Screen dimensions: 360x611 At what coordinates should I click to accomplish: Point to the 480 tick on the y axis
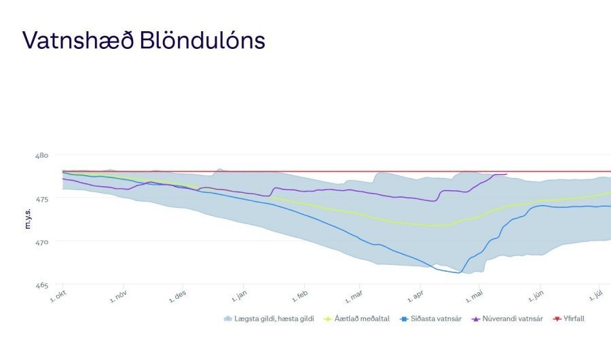[41, 156]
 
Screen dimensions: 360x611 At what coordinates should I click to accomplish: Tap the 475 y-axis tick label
[41, 198]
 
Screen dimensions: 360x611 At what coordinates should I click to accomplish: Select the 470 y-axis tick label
[41, 242]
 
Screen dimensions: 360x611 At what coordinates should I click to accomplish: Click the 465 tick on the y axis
[41, 285]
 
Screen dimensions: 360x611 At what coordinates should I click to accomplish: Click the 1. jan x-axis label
[238, 295]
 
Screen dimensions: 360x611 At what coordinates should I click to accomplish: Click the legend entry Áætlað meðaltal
[361, 319]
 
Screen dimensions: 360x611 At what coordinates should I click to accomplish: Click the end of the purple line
[506, 175]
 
